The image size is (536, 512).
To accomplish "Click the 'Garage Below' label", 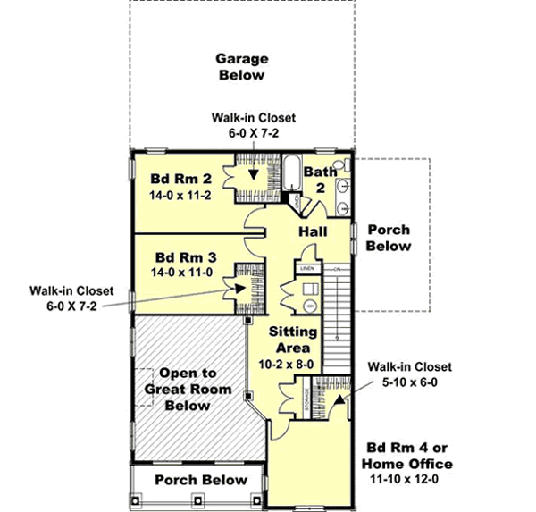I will [241, 67].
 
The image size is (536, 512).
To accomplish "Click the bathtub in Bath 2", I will [292, 172].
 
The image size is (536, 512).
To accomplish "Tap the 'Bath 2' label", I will [320, 180].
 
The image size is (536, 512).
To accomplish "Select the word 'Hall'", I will [313, 231].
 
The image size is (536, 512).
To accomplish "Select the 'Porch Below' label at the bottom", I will [200, 480].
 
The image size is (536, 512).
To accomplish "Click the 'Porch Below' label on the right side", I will [388, 238].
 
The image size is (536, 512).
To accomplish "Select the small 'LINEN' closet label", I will [306, 268].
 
